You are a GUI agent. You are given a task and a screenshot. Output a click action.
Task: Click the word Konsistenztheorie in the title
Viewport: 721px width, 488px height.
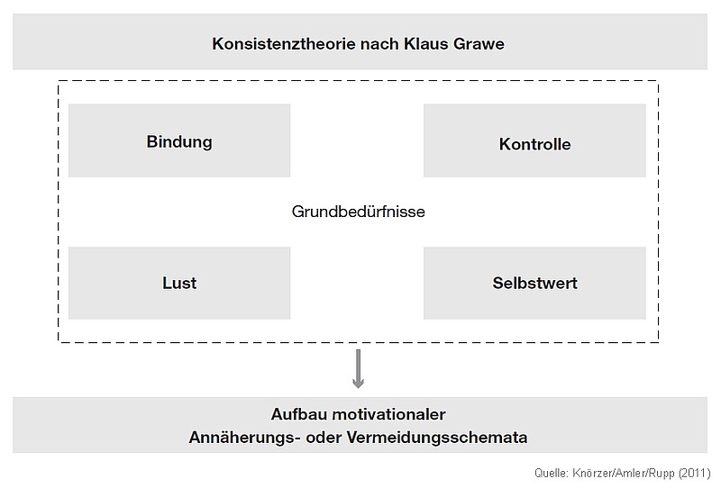[284, 43]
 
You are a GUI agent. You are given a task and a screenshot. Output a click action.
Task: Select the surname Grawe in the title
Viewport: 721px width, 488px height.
[479, 43]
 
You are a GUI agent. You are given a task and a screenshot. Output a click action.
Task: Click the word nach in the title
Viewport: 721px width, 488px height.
[379, 43]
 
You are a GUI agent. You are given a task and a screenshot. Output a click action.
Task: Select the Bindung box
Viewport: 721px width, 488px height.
[179, 140]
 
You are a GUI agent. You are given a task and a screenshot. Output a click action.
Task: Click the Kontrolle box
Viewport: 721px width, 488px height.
[534, 140]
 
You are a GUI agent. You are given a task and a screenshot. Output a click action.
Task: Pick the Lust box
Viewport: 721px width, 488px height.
[179, 283]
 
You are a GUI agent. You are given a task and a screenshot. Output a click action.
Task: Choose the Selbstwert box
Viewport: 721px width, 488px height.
[534, 283]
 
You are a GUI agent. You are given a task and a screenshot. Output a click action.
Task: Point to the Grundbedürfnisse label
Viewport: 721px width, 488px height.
[358, 212]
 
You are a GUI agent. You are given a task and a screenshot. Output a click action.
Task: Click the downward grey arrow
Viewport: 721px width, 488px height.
[358, 368]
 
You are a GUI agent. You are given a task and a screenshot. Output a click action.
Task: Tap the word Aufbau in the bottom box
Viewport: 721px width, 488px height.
[299, 414]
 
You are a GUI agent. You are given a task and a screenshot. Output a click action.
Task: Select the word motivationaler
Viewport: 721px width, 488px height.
[388, 414]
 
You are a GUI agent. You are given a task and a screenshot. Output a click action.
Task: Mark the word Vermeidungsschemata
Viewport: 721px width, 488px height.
[437, 437]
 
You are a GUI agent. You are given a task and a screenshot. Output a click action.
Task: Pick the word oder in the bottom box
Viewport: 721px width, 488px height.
[324, 437]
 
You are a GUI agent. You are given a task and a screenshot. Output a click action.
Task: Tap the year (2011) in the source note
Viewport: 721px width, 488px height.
[694, 473]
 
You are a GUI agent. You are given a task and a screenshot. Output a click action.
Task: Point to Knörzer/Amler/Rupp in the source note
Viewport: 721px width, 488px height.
[624, 473]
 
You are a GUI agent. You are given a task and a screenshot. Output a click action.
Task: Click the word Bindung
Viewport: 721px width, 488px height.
[179, 141]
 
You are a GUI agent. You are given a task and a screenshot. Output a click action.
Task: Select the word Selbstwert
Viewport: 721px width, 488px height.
[534, 283]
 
